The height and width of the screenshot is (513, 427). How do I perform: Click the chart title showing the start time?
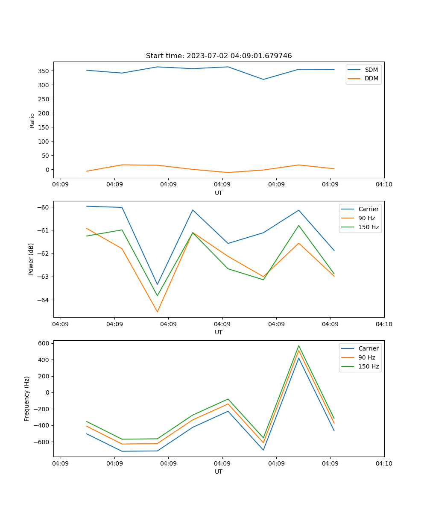tap(219, 56)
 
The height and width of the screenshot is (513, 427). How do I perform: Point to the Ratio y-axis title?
tap(32, 121)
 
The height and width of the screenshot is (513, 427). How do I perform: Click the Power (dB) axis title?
tap(31, 259)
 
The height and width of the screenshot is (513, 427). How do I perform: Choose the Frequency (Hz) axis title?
tap(27, 398)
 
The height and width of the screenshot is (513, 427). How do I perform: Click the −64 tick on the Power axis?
tap(43, 300)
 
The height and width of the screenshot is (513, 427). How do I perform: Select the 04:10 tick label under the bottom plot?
tap(384, 463)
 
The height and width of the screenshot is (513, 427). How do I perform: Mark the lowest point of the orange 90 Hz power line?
tap(157, 312)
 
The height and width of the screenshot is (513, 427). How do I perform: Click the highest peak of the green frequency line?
tap(299, 346)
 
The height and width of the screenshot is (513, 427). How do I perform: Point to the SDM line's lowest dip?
tap(263, 79)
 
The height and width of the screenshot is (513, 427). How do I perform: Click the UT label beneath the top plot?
tap(219, 193)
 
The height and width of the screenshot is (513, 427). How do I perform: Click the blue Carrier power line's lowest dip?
tap(157, 284)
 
